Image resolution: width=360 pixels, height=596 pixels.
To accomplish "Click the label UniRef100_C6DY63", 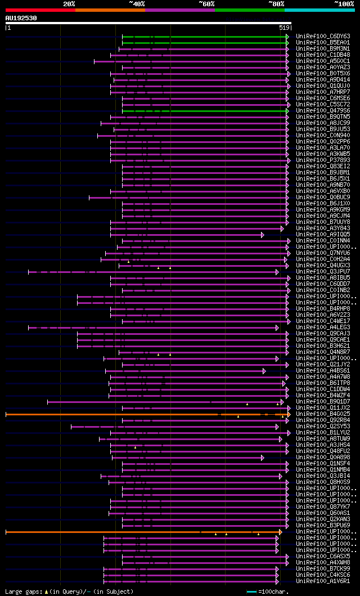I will (323, 36).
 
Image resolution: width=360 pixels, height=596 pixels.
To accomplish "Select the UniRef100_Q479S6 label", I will (323, 110).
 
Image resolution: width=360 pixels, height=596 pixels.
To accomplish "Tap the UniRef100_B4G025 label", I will (323, 414).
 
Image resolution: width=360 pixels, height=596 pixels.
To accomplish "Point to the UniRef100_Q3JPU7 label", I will (323, 271).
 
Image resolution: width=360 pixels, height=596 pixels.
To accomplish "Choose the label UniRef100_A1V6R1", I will (323, 581).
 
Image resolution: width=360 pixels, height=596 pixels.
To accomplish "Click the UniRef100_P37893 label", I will (323, 160).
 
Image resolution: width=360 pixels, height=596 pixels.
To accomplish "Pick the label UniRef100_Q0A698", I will (323, 457).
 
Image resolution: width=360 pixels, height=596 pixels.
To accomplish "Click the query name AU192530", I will (21, 18).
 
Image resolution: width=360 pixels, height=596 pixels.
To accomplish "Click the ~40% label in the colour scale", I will (137, 3).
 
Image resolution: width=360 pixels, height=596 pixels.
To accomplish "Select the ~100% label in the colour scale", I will (344, 3).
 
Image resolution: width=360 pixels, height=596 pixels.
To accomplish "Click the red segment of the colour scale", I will (40, 10).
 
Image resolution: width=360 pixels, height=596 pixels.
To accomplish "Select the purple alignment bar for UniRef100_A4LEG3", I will (152, 327).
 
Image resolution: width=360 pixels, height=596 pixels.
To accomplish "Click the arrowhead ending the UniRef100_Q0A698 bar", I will (263, 458).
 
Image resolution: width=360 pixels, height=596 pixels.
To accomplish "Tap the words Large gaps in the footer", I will (22, 591).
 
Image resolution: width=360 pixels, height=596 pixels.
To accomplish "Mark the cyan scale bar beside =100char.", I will (251, 591).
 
